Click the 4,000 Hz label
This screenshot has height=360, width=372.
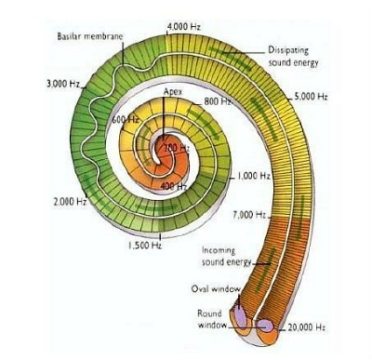tap(183, 27)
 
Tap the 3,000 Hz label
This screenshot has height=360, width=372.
tap(63, 84)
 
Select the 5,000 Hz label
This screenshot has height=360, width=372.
tap(311, 97)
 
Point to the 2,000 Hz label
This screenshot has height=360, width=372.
tap(70, 202)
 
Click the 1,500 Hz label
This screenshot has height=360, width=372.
tap(145, 246)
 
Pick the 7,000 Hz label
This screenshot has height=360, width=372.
tap(249, 215)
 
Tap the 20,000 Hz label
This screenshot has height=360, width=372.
tap(306, 327)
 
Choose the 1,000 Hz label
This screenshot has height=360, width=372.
tap(254, 176)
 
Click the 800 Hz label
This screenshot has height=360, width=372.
tap(218, 101)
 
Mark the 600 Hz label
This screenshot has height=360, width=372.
tap(126, 119)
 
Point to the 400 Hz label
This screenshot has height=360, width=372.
tap(174, 186)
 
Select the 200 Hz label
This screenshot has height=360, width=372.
tap(177, 148)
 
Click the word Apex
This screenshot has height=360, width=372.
tap(173, 92)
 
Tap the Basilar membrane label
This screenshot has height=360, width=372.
tap(90, 36)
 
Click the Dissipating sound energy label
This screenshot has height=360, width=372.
tap(293, 57)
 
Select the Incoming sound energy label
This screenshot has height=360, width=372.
tap(226, 256)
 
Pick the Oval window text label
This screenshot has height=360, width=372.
tap(216, 289)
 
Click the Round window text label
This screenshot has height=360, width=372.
tap(212, 319)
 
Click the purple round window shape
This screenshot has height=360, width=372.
tap(266, 326)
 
